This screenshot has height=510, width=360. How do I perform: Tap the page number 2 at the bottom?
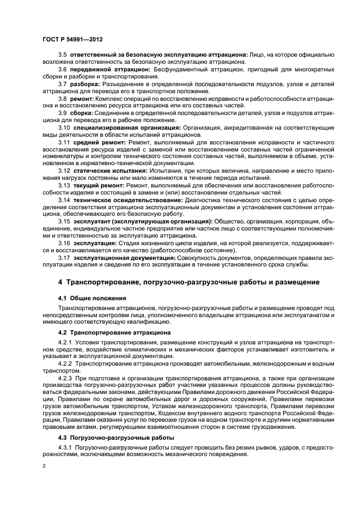pyautogui.click(x=44, y=466)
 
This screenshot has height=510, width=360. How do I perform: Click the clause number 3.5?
pyautogui.click(x=62, y=54)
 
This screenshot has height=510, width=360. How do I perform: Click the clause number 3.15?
pyautogui.click(x=64, y=222)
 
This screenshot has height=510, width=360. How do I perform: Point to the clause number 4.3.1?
pyautogui.click(x=65, y=447)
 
